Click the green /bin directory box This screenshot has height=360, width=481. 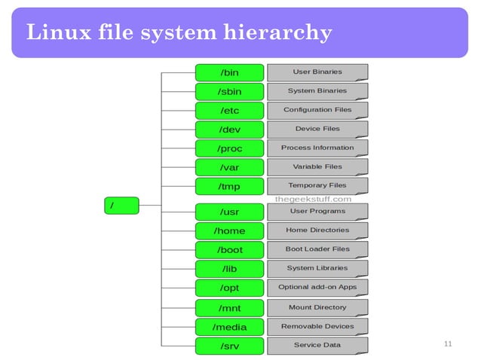[230, 72]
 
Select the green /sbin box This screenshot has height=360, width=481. [230, 91]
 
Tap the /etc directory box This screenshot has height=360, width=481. [230, 110]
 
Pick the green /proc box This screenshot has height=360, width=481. [230, 148]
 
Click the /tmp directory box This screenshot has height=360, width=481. [230, 185]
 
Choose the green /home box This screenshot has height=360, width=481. [230, 230]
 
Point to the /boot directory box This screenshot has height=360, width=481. [230, 249]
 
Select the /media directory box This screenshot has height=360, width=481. [230, 327]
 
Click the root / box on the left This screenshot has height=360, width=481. [121, 205]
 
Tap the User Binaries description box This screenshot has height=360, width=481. [317, 72]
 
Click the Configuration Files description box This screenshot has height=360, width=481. [317, 110]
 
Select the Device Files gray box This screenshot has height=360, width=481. [317, 129]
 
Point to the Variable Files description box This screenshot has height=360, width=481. [317, 166]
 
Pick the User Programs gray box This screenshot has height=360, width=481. [317, 212]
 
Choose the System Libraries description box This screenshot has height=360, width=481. [317, 268]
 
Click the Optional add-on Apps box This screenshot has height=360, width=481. [317, 287]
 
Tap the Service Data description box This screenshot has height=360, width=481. [317, 346]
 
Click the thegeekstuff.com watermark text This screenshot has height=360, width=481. [314, 199]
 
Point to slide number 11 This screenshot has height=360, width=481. [448, 344]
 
